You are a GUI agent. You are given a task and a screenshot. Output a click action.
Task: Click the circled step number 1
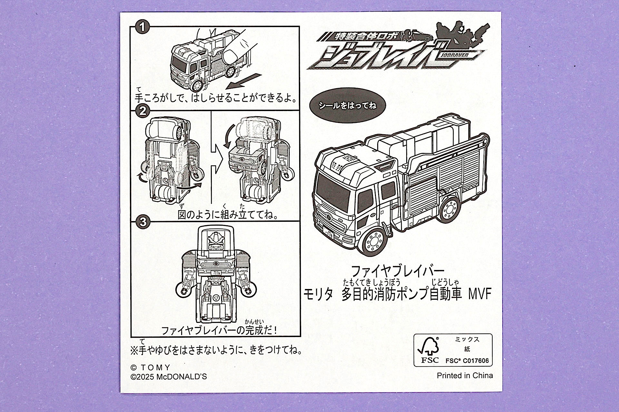(142, 27)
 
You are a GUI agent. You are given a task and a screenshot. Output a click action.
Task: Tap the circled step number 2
(142, 111)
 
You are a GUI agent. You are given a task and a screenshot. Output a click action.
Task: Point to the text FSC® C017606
(467, 361)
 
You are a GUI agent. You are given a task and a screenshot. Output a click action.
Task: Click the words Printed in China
(465, 375)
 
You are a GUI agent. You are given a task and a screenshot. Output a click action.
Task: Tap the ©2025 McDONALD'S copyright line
(169, 377)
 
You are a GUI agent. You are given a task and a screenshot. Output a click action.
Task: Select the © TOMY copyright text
(150, 367)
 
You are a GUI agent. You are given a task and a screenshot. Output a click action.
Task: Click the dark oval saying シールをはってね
(347, 105)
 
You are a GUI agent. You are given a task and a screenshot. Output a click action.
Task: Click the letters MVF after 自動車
(479, 294)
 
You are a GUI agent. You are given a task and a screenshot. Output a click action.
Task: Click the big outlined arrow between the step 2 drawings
(219, 159)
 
